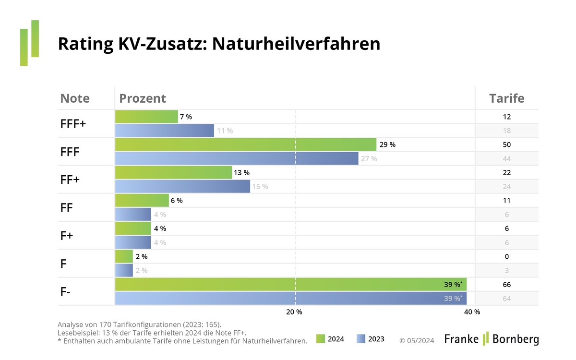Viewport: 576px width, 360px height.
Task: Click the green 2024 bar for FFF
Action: click(245, 144)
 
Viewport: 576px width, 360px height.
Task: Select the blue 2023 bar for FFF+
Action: click(164, 131)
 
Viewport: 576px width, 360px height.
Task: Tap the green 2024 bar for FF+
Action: click(173, 172)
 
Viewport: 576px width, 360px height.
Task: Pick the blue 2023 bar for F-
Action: click(290, 299)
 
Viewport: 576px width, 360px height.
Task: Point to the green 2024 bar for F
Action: click(124, 256)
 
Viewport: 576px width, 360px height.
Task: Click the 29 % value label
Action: click(387, 144)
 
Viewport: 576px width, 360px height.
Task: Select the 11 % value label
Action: click(225, 131)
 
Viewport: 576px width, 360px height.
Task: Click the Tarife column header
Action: click(506, 98)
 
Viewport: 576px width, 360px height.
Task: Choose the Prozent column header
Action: click(143, 98)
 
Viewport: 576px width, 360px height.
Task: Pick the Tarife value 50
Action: click(506, 144)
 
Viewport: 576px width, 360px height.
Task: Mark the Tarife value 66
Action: click(506, 285)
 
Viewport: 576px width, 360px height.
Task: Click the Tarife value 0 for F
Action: click(507, 256)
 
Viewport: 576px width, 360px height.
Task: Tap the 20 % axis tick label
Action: click(294, 312)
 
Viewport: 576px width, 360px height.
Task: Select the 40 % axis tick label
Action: click(472, 312)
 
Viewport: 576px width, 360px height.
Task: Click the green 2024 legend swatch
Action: click(321, 339)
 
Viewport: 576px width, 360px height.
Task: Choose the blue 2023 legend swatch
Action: click(361, 339)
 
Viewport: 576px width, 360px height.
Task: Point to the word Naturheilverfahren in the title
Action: click(296, 44)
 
